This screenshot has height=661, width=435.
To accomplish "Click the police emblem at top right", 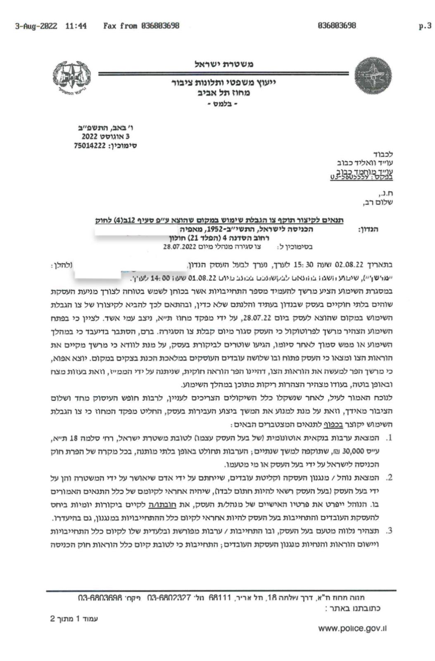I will [x=373, y=76].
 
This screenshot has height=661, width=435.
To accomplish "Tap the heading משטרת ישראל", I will [x=224, y=64].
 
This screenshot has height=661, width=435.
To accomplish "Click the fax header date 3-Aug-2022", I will [x=36, y=26].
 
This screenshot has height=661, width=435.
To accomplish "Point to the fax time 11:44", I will [x=76, y=26].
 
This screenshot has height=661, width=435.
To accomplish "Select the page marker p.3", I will [x=425, y=26].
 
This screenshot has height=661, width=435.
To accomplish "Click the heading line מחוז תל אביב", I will [x=223, y=93].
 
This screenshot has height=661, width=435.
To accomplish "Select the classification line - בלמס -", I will [x=223, y=104].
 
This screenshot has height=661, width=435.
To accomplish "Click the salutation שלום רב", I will [x=380, y=202].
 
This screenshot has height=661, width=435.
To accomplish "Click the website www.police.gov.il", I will [x=352, y=628].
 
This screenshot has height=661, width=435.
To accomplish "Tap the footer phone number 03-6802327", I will [x=169, y=598].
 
